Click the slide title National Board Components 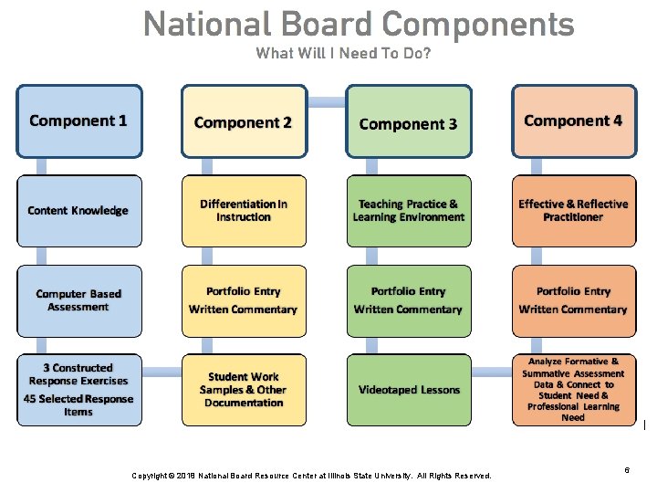pos(359,24)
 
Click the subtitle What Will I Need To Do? pos(343,53)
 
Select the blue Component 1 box pos(79,121)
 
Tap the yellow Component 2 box pos(244,121)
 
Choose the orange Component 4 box pos(573,121)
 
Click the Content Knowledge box pos(79,210)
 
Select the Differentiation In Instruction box pos(244,210)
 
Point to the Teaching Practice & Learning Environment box pos(409,210)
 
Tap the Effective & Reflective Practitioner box pos(573,210)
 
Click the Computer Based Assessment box pos(79,300)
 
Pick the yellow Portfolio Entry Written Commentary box pos(244,300)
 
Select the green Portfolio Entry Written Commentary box pos(409,300)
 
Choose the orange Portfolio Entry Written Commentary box pos(573,300)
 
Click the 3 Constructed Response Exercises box pos(79,390)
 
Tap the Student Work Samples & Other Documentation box pos(244,390)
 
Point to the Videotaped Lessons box pos(409,390)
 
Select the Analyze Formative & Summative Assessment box pos(573,390)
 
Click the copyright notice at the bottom pos(311,476)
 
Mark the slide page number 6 pos(627,469)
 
